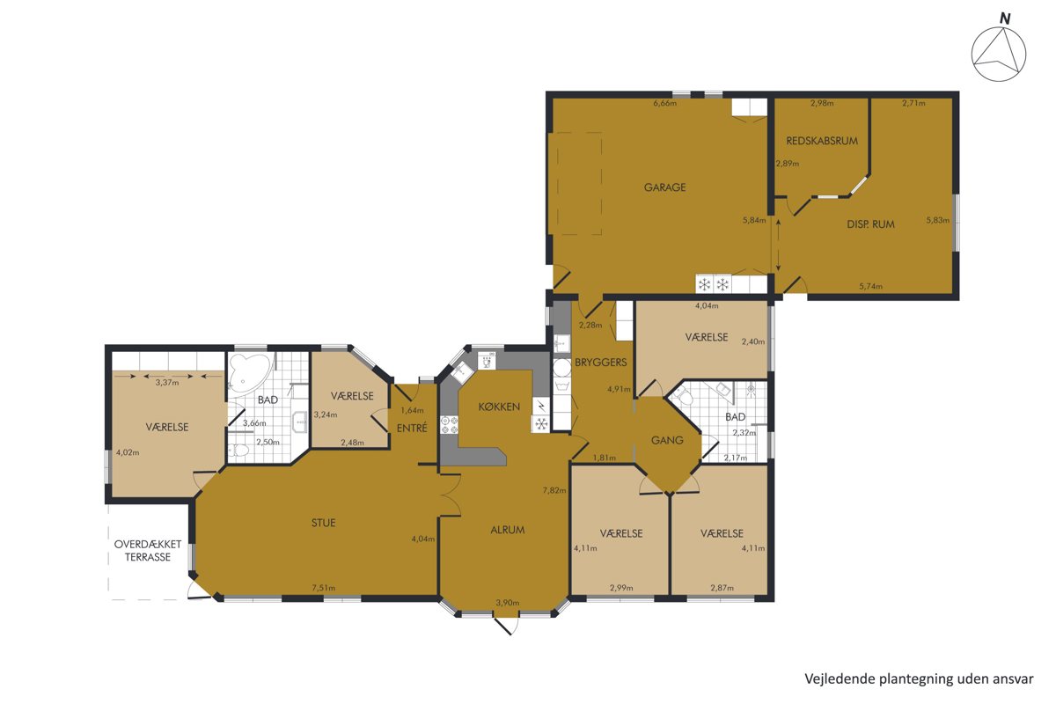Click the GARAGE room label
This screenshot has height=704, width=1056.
pyautogui.click(x=664, y=187)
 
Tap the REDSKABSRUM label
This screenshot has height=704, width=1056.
pyautogui.click(x=822, y=141)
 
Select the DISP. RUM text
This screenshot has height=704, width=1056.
pyautogui.click(x=870, y=224)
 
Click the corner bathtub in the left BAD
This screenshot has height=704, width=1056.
pyautogui.click(x=248, y=373)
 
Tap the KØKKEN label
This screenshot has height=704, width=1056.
pyautogui.click(x=499, y=407)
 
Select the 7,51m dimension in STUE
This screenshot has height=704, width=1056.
pyautogui.click(x=324, y=588)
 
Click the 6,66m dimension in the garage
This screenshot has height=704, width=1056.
pyautogui.click(x=664, y=103)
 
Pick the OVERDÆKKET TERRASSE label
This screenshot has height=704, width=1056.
pyautogui.click(x=148, y=550)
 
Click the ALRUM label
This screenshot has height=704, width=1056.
pyautogui.click(x=507, y=530)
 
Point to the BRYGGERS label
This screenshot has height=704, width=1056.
pyautogui.click(x=600, y=363)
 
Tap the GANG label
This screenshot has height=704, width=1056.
pyautogui.click(x=667, y=440)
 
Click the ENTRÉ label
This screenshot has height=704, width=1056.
pyautogui.click(x=412, y=428)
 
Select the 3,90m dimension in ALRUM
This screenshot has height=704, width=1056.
pyautogui.click(x=507, y=603)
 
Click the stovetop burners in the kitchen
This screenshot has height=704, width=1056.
pyautogui.click(x=449, y=425)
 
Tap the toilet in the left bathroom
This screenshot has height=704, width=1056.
pyautogui.click(x=238, y=451)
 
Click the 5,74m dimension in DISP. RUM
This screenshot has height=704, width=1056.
pyautogui.click(x=870, y=286)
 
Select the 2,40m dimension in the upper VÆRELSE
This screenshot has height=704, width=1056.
pyautogui.click(x=753, y=341)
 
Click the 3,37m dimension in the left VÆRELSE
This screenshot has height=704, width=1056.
pyautogui.click(x=167, y=383)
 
